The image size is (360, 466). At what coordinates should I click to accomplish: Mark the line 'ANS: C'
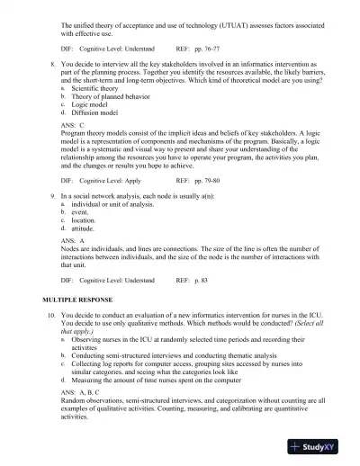click(73, 126)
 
